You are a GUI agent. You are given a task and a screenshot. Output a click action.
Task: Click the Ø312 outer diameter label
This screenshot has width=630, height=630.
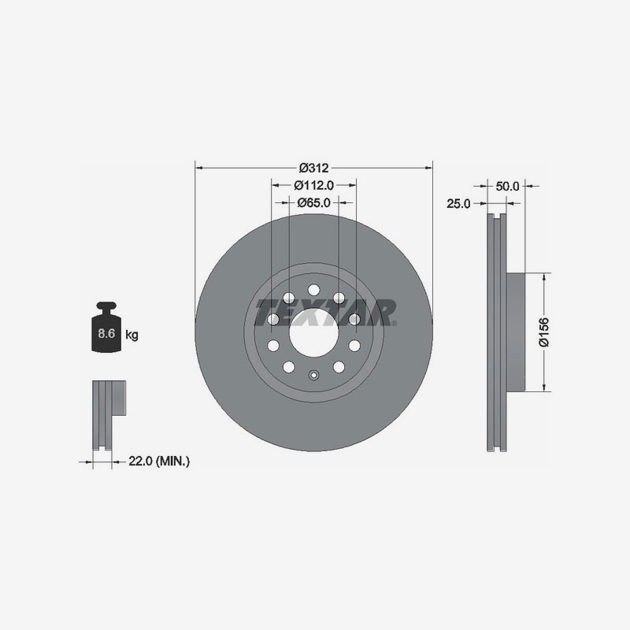pyautogui.click(x=313, y=167)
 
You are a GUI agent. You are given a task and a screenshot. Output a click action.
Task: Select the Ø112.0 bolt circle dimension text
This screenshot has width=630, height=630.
pyautogui.click(x=314, y=185)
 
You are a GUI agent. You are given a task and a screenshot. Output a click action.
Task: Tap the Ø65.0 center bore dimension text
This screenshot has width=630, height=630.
pyautogui.click(x=313, y=202)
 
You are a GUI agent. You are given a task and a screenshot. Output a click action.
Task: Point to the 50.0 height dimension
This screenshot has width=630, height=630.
pyautogui.click(x=508, y=187)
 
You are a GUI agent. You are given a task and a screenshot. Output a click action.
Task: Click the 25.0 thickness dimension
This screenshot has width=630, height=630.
pyautogui.click(x=458, y=203)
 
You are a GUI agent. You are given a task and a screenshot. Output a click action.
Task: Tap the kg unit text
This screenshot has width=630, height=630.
pyautogui.click(x=132, y=335)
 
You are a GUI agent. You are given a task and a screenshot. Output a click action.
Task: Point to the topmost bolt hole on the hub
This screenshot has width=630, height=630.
pyautogui.click(x=313, y=288)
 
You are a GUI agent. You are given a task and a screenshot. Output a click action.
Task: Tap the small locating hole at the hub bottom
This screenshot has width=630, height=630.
pyautogui.click(x=313, y=376)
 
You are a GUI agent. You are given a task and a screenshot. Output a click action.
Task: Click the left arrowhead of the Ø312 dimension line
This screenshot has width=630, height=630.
pyautogui.click(x=198, y=168)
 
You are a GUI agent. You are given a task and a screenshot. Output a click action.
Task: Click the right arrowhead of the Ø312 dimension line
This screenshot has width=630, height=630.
pyautogui.click(x=429, y=168)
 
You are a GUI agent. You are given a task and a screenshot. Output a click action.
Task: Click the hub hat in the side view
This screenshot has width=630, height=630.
pyautogui.click(x=513, y=332)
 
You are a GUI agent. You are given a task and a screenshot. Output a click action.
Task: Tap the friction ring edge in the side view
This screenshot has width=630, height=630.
pyautogui.click(x=495, y=332)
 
